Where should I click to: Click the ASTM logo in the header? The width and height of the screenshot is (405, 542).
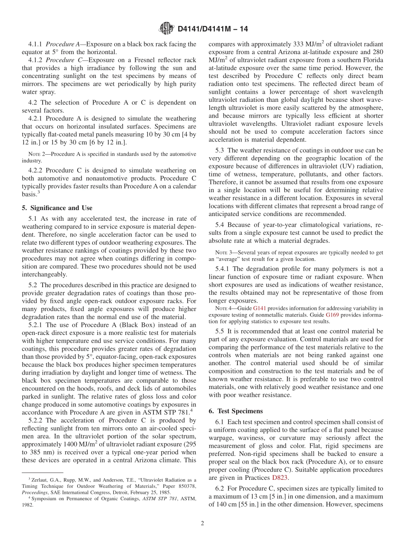pos(166,29)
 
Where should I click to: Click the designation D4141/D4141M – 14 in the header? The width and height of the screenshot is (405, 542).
pos(212,29)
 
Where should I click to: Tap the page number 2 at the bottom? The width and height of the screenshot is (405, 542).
pos(202,524)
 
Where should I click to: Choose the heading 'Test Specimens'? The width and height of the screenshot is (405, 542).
pos(240,411)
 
